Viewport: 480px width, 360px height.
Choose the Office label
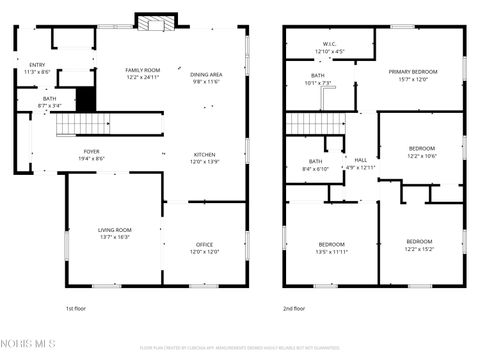[204, 248]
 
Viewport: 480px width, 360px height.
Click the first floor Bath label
[49, 101]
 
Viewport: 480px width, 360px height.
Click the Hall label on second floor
[361, 163]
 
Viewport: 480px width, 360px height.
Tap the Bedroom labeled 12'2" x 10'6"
[420, 152]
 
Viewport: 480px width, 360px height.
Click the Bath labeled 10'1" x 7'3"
[317, 79]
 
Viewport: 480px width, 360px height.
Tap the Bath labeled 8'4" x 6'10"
[315, 165]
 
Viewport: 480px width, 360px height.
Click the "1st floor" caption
[76, 309]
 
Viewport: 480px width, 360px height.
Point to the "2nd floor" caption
[293, 309]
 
